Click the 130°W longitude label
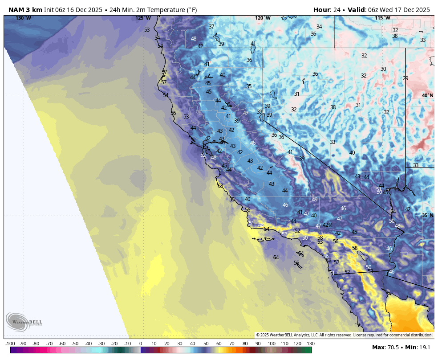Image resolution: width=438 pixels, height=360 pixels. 23,18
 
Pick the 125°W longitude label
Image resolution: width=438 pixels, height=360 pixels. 143,18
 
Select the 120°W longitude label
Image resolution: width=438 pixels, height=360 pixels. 263,18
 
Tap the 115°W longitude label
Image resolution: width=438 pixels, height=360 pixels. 382,18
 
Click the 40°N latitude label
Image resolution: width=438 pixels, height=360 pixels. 427,95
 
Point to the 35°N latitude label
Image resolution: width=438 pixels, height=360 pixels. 427,215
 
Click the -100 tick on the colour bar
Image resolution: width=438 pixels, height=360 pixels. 10,344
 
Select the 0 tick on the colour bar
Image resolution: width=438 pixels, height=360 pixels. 141,344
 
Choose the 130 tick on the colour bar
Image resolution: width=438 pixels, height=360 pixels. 310,344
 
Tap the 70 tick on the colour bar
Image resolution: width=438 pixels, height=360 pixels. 232,344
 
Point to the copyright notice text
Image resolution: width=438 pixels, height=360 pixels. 344,335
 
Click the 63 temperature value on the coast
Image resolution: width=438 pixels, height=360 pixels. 220,186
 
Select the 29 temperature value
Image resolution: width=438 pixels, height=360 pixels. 405,78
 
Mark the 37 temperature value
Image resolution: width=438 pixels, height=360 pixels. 211,27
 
